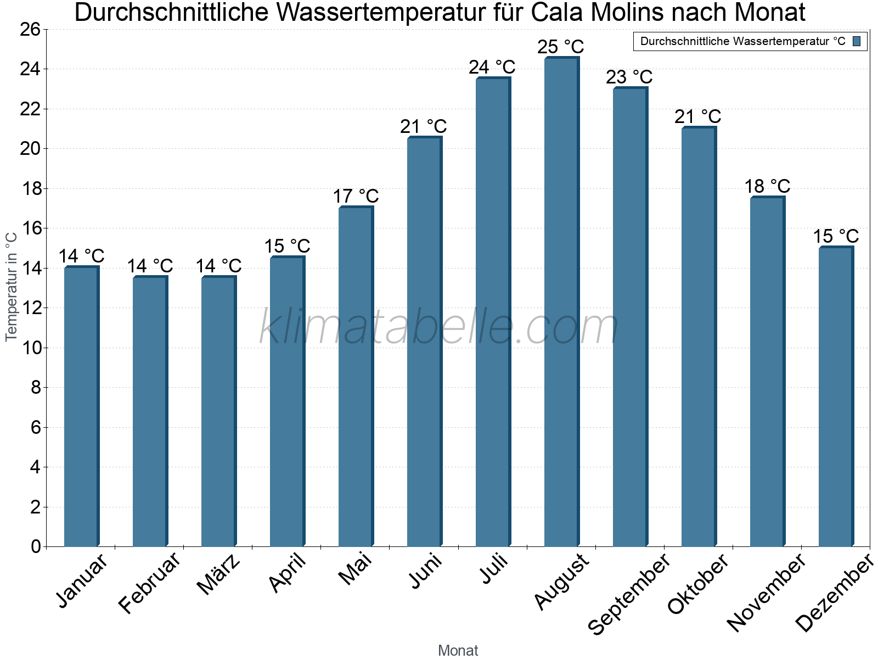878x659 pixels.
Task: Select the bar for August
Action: click(561, 302)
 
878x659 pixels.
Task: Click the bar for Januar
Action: click(81, 406)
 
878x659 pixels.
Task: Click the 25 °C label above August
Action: click(560, 47)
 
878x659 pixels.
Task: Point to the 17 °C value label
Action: click(356, 196)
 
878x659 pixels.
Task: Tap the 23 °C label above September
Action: click(629, 77)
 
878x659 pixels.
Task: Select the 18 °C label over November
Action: click(767, 186)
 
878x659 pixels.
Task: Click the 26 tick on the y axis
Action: click(30, 29)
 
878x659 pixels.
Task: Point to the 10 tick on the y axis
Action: click(30, 348)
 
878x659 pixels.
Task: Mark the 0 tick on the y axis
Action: click(36, 546)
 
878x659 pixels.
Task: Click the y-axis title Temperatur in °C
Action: click(11, 286)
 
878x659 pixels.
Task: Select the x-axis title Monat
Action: click(458, 650)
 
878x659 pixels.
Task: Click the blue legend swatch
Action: click(857, 41)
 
